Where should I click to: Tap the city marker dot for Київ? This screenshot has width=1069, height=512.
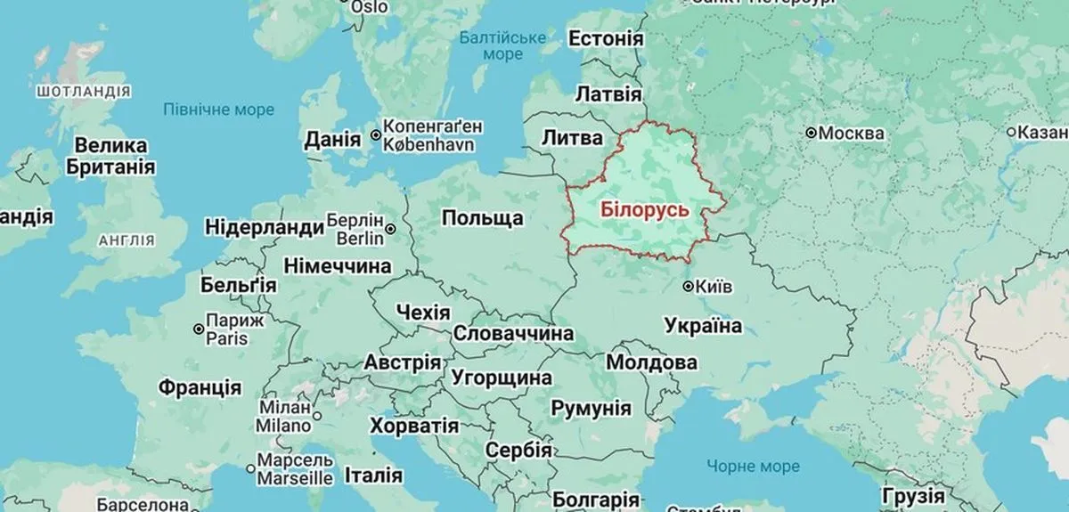click(x=688, y=287)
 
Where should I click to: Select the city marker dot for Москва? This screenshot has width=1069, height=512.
click(x=812, y=133)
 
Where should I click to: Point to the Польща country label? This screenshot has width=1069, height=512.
click(x=482, y=218)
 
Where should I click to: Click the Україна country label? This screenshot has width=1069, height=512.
click(x=703, y=326)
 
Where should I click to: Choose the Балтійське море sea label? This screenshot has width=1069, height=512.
click(x=502, y=46)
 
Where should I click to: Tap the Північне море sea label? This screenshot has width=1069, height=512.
click(x=218, y=110)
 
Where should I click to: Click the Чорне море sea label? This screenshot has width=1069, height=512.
click(x=753, y=466)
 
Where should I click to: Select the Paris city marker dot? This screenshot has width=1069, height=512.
click(x=198, y=329)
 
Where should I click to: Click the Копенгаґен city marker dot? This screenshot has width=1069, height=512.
click(x=376, y=135)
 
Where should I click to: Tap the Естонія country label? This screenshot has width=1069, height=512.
click(x=605, y=40)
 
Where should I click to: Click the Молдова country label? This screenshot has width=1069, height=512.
click(x=650, y=363)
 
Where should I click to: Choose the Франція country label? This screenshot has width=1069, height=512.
click(x=200, y=387)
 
